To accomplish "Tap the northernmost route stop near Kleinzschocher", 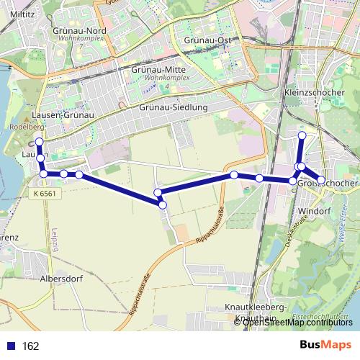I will tap(302, 135).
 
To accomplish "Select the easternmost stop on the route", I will tap(321, 179).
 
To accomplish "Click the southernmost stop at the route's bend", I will tap(163, 205).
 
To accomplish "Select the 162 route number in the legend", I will tap(31, 346).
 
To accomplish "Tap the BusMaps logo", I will tap(325, 346).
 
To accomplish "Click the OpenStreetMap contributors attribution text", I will tap(296, 322).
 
